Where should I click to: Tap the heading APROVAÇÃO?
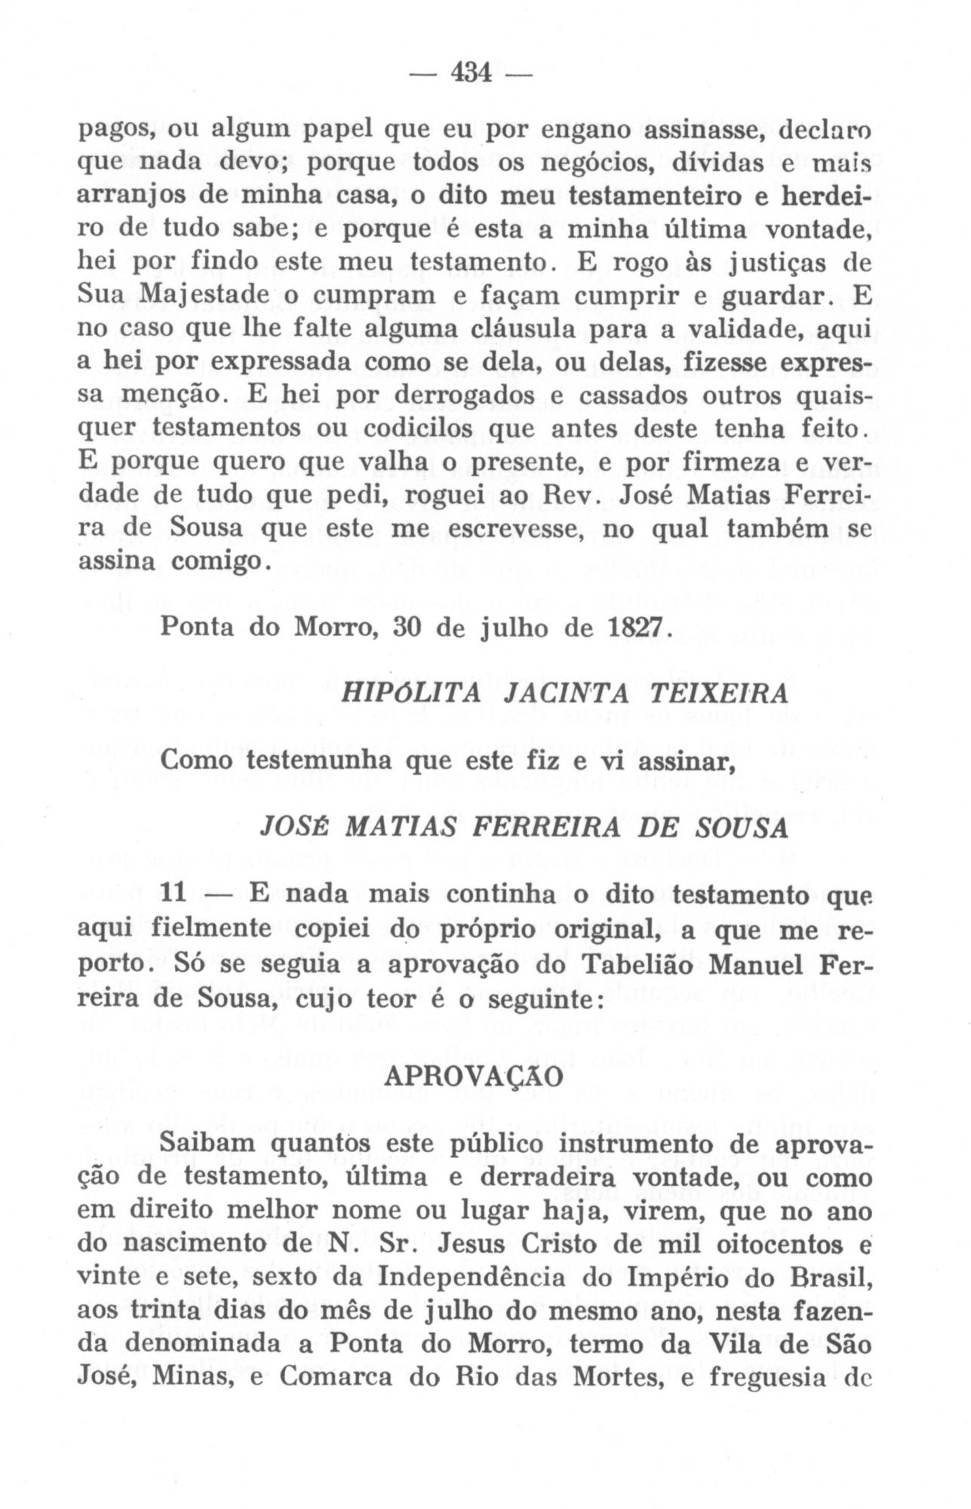click(x=473, y=1077)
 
